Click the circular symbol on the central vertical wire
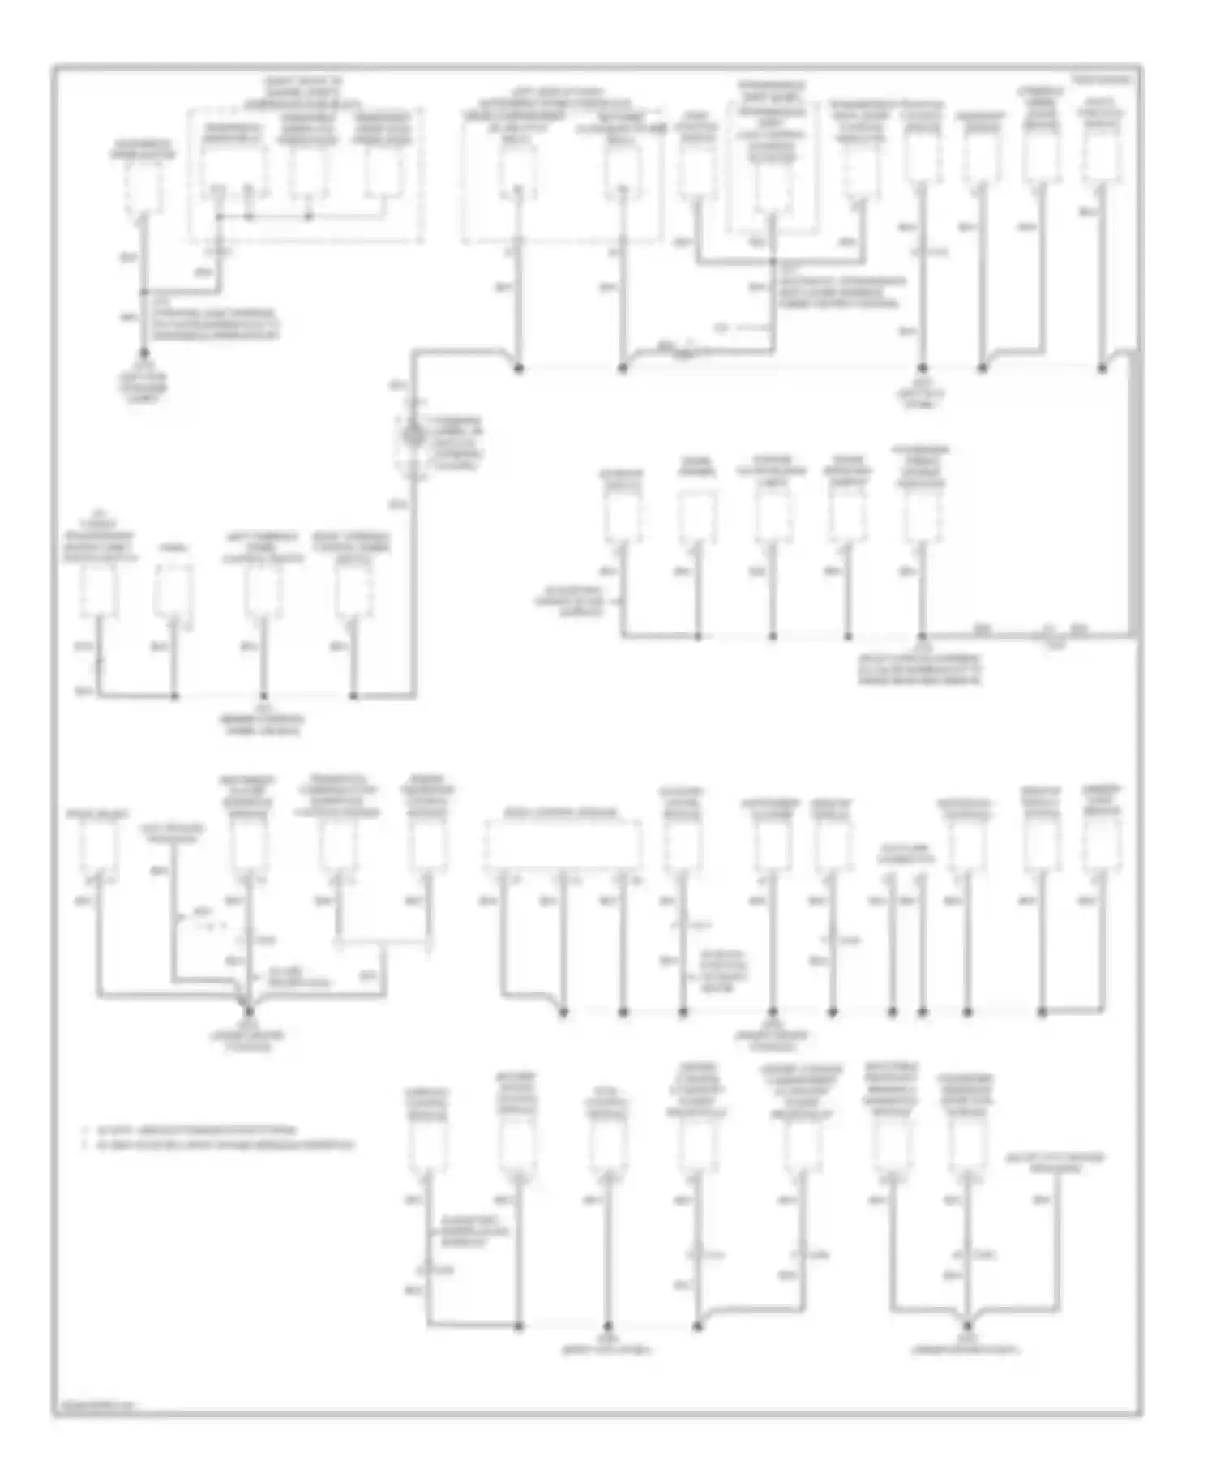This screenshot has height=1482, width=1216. [414, 436]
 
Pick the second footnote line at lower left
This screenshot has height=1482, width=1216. [223, 1146]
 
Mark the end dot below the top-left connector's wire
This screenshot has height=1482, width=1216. [144, 353]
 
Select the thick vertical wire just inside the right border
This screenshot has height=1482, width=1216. [1133, 495]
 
